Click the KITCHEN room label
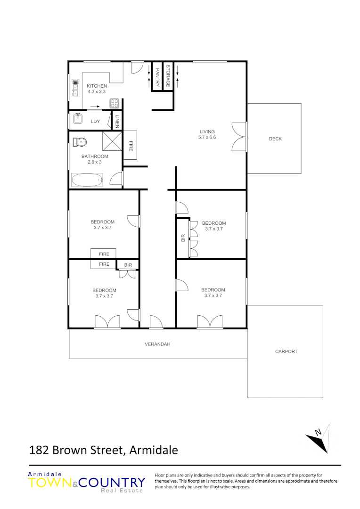tap(97, 86)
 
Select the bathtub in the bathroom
tap(87, 180)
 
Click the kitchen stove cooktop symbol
tap(115, 103)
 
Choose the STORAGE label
tap(168, 76)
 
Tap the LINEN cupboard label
tap(117, 121)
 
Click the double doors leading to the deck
tap(239, 137)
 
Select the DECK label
tap(275, 139)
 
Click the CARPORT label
tap(286, 352)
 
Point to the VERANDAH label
tap(157, 345)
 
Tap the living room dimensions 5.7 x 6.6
tap(207, 138)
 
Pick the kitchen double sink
tap(75, 88)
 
